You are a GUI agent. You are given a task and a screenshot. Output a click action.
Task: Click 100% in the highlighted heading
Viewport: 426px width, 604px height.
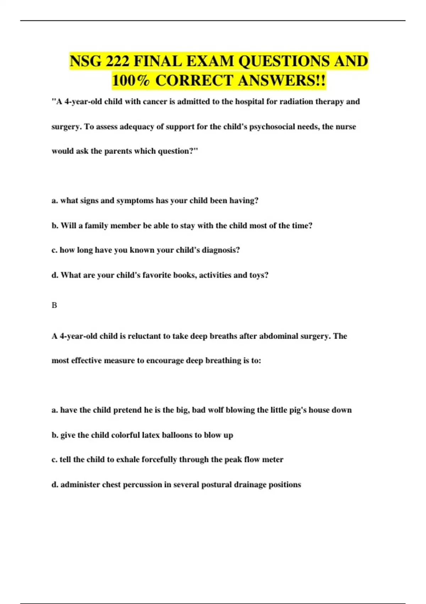point(131,80)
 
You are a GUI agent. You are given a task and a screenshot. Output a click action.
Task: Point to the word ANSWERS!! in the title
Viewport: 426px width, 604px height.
point(282,80)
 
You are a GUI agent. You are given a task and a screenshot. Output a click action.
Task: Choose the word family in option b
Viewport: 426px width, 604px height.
point(96,226)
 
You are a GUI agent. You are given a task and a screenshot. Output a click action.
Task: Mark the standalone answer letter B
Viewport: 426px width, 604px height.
point(54,305)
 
